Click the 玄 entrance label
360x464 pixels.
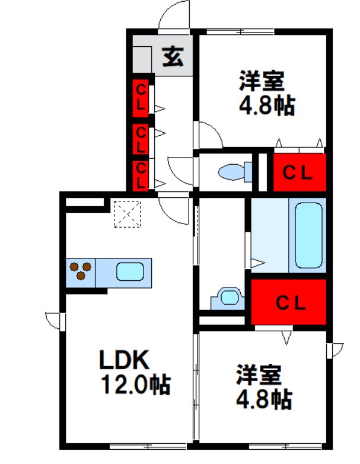point(173,57)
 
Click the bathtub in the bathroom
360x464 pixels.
point(308,235)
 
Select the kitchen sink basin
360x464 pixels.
point(129,272)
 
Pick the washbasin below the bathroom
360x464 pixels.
point(227,296)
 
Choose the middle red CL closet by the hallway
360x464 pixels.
point(140,138)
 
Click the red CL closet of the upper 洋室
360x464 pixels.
point(298,172)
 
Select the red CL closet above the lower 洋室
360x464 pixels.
point(289,302)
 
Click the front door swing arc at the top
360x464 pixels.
point(173,16)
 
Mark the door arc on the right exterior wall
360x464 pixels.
point(336,350)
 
